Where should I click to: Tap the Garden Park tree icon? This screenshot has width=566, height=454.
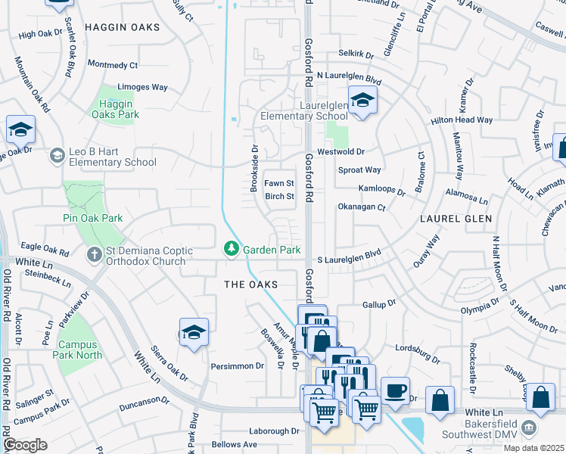pos(231,249)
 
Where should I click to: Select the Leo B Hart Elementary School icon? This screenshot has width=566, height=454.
pos(57,156)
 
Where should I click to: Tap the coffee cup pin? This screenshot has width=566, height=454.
pos(394,390)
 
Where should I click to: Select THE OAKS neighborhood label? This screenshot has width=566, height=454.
pos(250,285)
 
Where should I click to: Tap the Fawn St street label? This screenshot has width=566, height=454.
pos(278,184)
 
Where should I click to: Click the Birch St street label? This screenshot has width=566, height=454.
pos(279,197)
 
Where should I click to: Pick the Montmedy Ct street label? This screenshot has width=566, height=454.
pos(113,66)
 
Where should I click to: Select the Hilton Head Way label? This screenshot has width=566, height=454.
pos(462,120)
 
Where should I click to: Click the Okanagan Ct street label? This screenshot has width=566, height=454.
pos(361,207)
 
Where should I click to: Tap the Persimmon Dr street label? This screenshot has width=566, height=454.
pos(238,366)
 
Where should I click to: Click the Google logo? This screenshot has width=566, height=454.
pos(25,445)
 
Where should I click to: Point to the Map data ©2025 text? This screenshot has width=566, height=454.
pos(534,448)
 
